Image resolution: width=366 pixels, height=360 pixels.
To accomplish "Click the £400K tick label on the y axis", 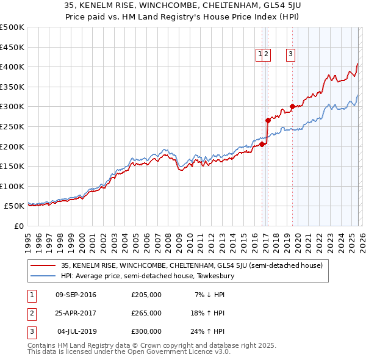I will coord(12,67).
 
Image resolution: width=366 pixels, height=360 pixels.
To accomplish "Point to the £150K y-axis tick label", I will coord(12,166).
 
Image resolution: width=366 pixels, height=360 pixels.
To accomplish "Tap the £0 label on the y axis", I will coord(18,226).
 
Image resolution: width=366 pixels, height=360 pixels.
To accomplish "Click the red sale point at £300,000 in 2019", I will coord(292,106).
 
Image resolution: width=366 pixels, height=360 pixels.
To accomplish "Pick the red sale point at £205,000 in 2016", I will coord(262,144).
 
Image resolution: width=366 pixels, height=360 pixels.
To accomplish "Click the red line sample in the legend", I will coord(43,265).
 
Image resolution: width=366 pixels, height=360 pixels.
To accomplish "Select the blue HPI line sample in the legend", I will coord(43,276).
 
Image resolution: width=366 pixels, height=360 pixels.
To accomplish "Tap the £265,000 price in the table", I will coord(146,313).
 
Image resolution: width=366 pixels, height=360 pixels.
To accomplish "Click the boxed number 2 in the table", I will coord(30,313).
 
